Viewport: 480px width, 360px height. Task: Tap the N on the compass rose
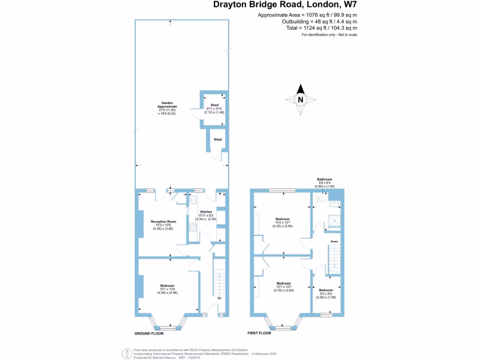coord(300,99)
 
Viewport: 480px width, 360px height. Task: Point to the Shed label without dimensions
coord(217,140)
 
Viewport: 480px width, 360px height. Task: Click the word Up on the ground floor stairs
coord(219,298)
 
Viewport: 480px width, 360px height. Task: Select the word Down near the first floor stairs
coord(334,241)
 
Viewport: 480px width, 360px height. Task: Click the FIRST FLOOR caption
coord(260,333)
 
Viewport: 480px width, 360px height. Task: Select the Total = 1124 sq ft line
coord(322,28)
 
